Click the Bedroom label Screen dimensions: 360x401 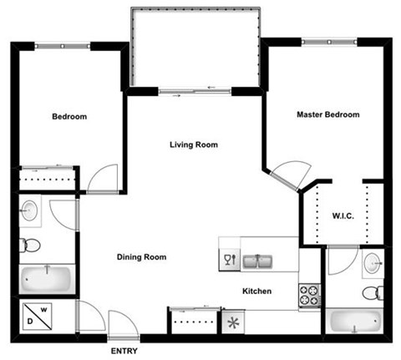[69, 117]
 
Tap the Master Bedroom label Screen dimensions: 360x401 [328, 114]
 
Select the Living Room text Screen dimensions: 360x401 [194, 145]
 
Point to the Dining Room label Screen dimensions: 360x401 [141, 257]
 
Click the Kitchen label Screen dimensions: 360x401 [256, 291]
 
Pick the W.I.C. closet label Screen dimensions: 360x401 [343, 216]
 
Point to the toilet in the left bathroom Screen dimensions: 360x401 [32, 245]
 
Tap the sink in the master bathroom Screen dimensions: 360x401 [373, 262]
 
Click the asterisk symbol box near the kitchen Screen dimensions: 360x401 [231, 322]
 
